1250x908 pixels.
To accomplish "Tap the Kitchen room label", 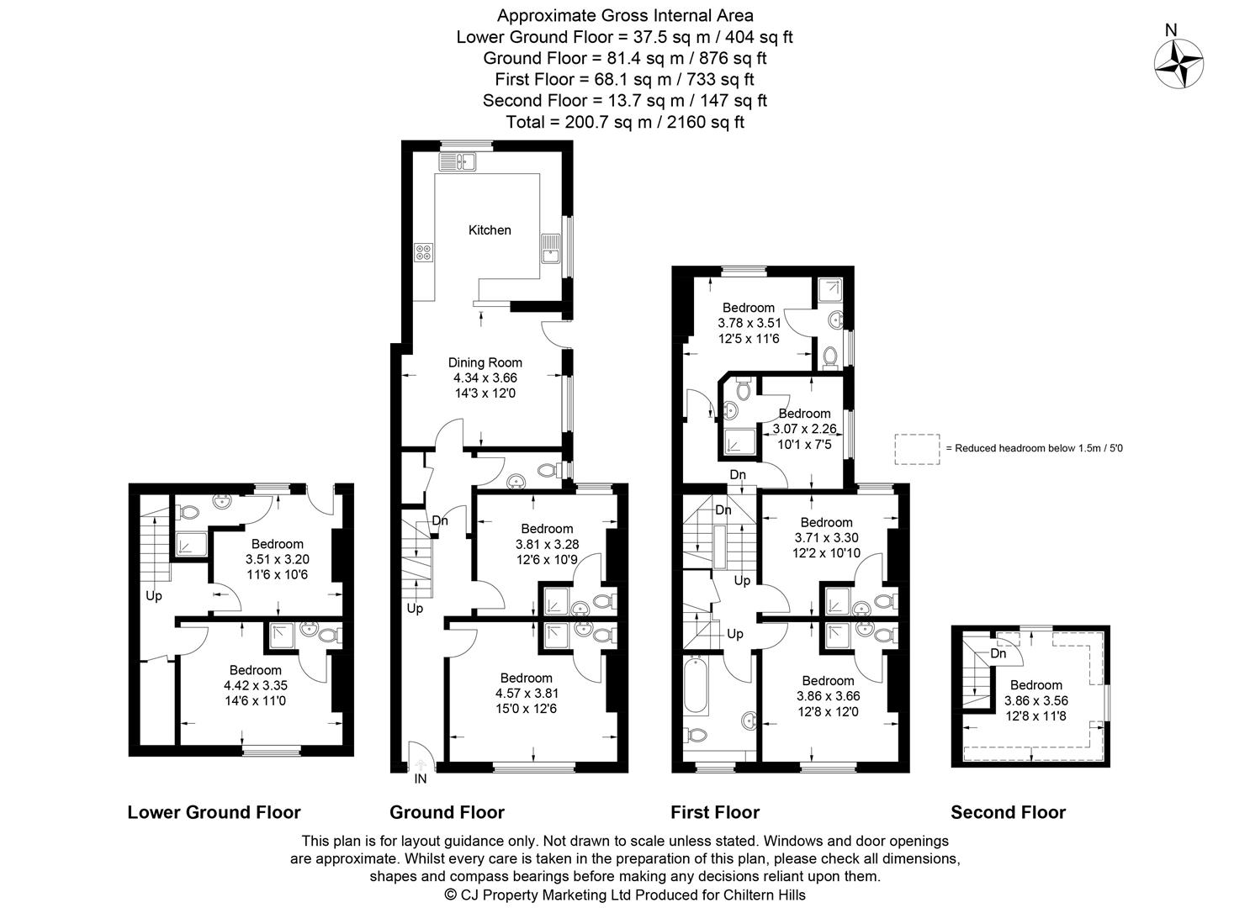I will coord(490,230).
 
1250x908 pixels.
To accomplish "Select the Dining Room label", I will coord(485,362).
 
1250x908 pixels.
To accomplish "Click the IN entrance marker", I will coord(421,779).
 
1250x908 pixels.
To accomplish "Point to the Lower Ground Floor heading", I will coord(214,812).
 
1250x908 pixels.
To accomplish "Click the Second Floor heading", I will coord(1008,812).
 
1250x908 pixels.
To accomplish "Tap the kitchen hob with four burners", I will coord(424,251).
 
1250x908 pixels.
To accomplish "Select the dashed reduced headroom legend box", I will coord(918,448).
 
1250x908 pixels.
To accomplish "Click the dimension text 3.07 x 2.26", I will coord(804,429).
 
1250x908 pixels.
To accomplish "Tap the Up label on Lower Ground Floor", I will coord(153,596).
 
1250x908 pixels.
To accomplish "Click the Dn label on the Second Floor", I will coord(998,653).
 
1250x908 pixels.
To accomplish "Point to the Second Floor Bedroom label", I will coord(1035,684).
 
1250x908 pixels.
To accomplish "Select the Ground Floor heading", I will coord(447,812).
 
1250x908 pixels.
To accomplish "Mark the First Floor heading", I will coord(714,812).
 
